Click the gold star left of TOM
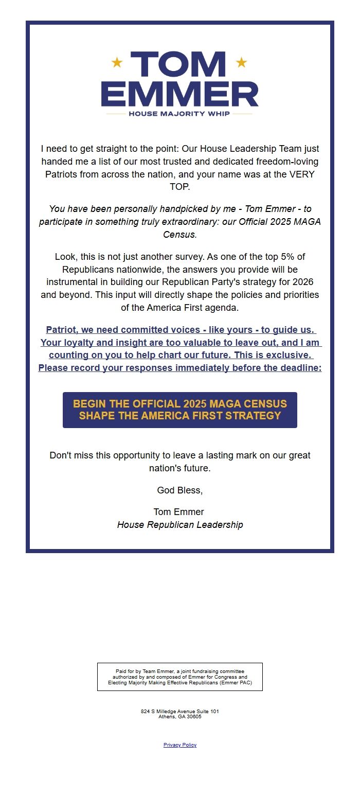(x=117, y=63)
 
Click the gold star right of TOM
(x=241, y=63)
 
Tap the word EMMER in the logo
(x=180, y=94)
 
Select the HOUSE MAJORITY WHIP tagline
(x=179, y=114)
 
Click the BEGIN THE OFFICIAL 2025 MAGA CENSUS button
(x=180, y=410)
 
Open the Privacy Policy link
(x=180, y=745)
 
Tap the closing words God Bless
(x=180, y=490)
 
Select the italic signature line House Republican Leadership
(x=180, y=525)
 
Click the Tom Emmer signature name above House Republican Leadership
(x=178, y=512)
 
